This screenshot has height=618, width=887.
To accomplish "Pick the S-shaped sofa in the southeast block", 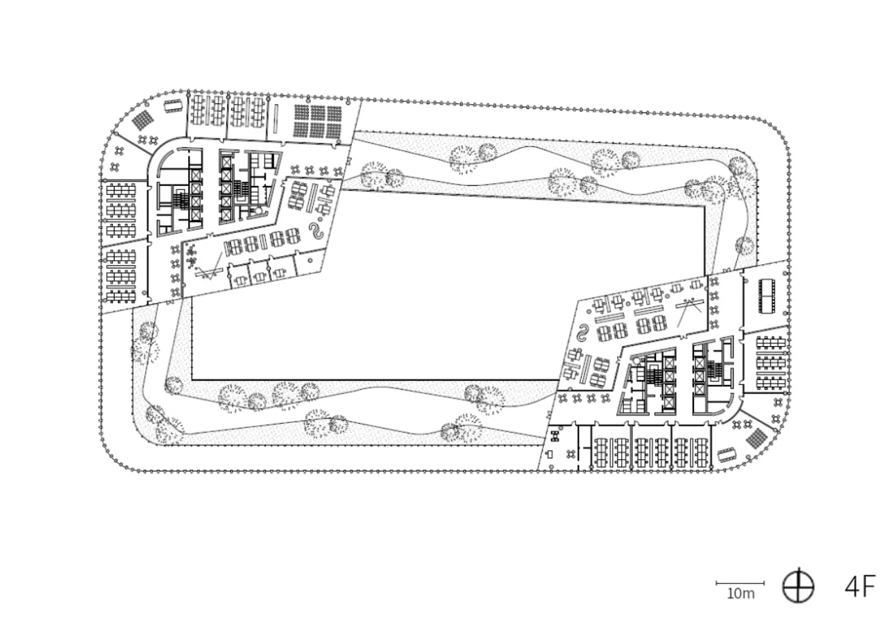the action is click(x=583, y=333).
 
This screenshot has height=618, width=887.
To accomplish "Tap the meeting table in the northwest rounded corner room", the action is click(x=173, y=105).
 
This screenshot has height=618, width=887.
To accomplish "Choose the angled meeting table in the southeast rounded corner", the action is click(x=727, y=454).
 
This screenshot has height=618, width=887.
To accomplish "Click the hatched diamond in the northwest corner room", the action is click(x=142, y=120).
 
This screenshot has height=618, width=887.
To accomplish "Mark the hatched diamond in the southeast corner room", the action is click(x=757, y=438).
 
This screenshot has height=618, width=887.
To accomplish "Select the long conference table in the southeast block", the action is click(x=767, y=296).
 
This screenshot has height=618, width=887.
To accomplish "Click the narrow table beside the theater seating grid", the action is click(x=276, y=119).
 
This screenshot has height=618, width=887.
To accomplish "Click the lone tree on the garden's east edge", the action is click(x=745, y=246).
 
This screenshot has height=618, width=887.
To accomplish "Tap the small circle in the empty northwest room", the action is click(x=310, y=261).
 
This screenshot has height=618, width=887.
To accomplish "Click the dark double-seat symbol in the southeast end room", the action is click(x=555, y=437).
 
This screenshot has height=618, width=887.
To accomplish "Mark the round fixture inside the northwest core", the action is click(x=257, y=212).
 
